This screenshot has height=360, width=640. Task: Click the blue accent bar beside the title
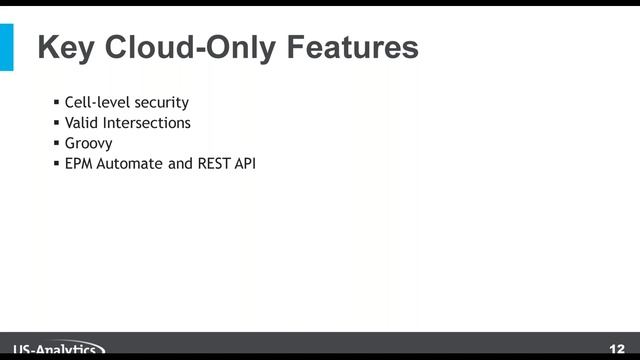click(x=7, y=47)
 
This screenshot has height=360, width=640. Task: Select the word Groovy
click(x=88, y=142)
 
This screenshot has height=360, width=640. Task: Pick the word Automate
click(x=130, y=162)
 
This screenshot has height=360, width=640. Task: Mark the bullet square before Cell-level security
click(x=57, y=102)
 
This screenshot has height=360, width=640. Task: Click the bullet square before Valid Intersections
click(x=57, y=122)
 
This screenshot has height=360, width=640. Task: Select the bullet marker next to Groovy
click(x=57, y=142)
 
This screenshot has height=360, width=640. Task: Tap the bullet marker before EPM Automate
click(x=57, y=162)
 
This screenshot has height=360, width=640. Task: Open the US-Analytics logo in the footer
click(x=55, y=350)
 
